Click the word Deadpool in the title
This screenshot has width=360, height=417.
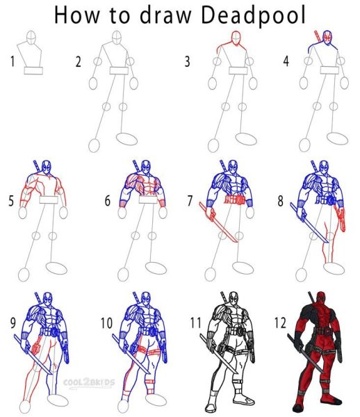coord(254,15)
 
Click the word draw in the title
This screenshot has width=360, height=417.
coord(165,15)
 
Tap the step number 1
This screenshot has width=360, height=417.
coord(13,61)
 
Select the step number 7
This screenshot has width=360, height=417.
coord(190,201)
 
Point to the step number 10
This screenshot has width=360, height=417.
coord(106,323)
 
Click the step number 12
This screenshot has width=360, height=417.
coord(280,323)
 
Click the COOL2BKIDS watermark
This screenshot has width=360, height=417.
coord(89,383)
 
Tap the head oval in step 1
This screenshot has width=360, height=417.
coord(31,38)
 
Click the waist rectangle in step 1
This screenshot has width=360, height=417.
coord(33,71)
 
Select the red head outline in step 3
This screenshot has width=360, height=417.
coord(236,38)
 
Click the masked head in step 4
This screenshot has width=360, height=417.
coord(328,38)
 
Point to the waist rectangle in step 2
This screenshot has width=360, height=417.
coord(119,70)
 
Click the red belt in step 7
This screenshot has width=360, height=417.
coord(235,199)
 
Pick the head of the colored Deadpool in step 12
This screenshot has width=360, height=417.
coord(321,297)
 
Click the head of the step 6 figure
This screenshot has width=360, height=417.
coord(145,167)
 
